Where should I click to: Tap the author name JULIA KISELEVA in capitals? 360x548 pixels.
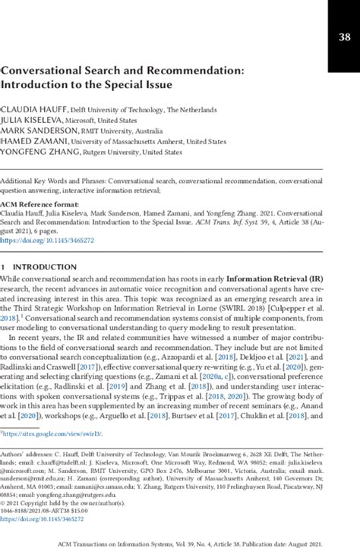[32, 120]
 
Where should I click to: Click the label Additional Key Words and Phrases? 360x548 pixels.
[53, 182]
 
